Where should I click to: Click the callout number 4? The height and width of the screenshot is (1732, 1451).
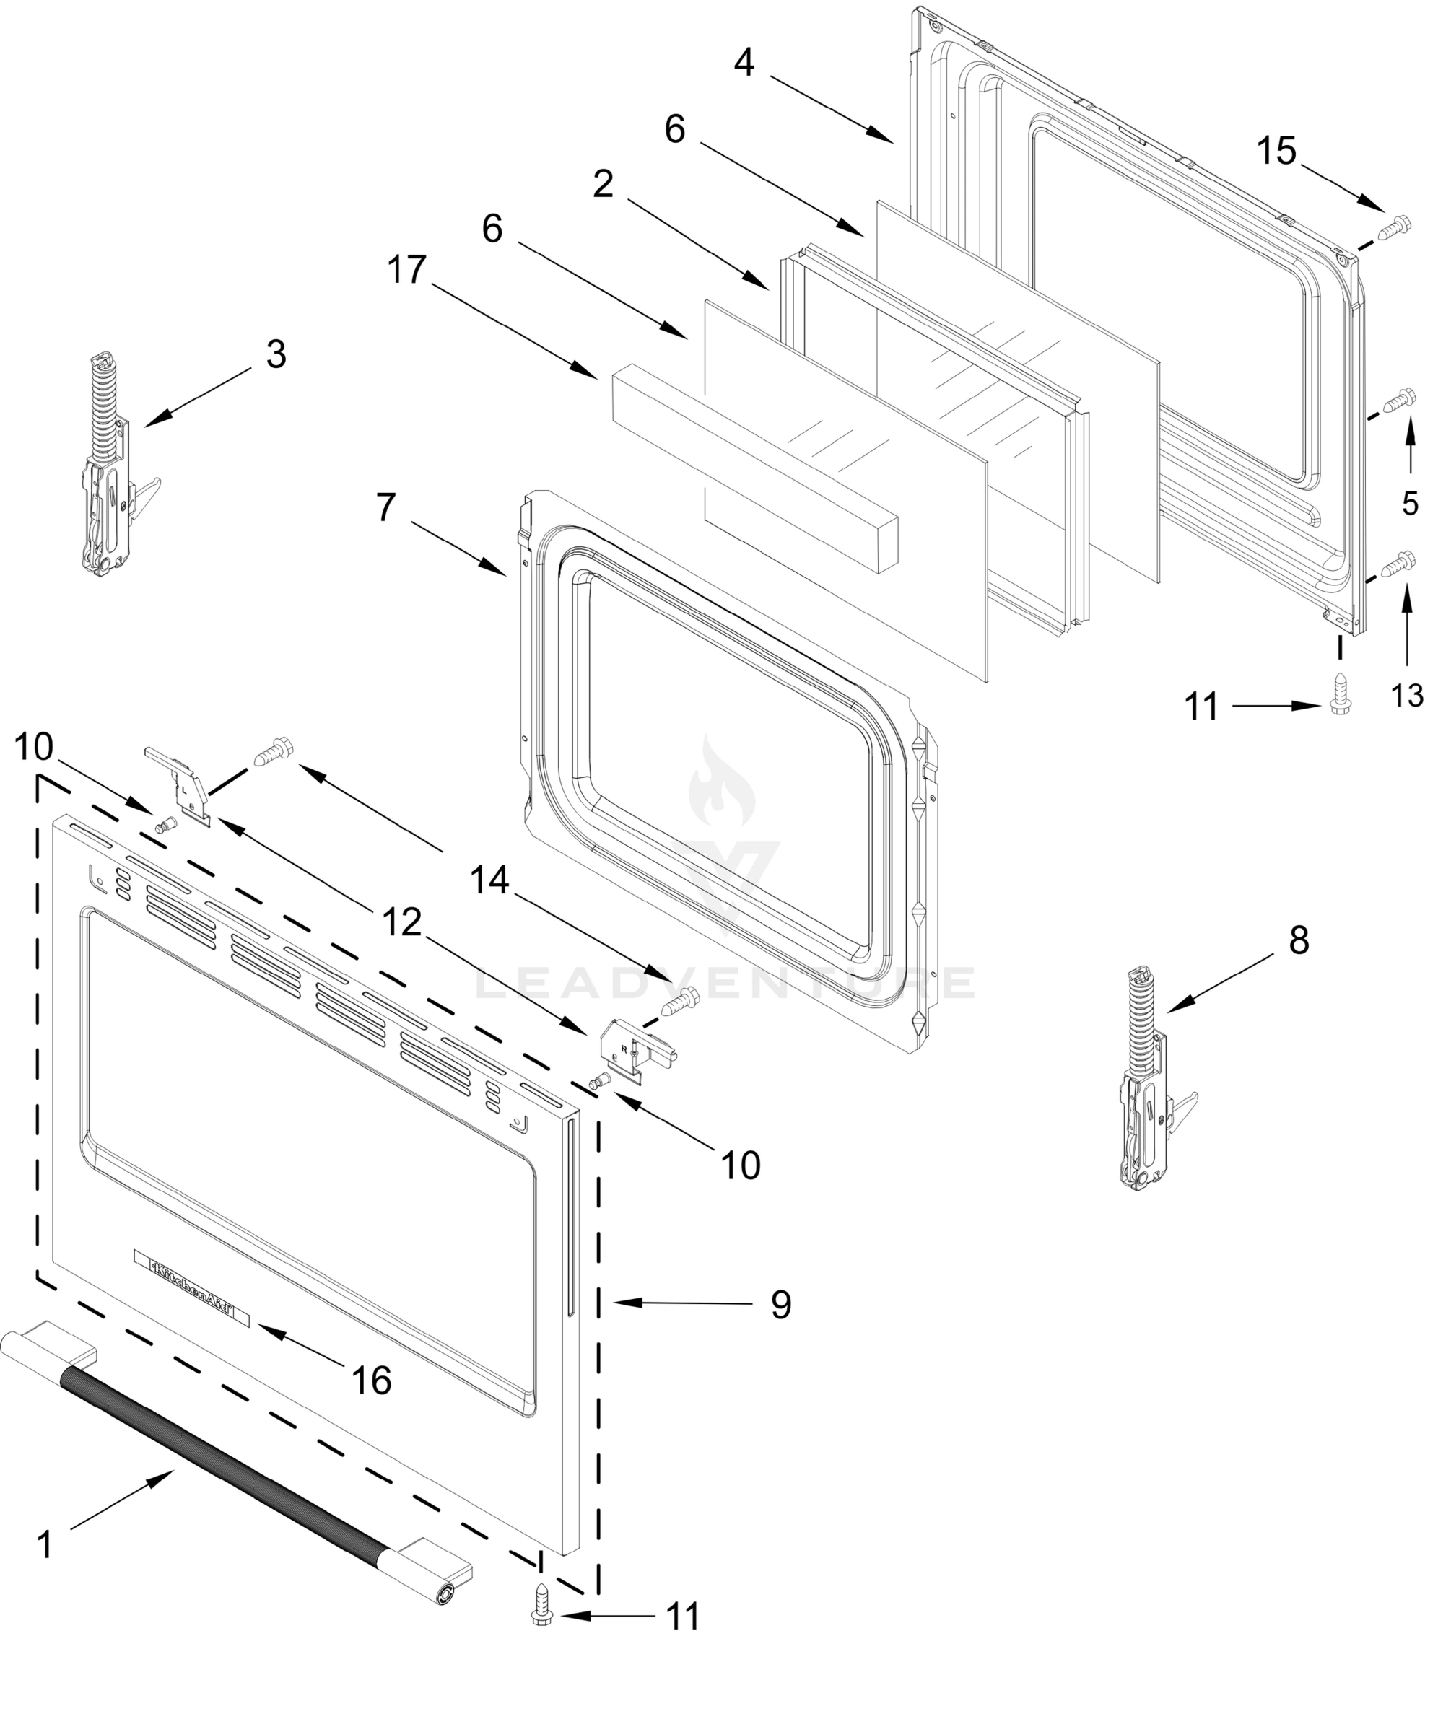[x=744, y=63]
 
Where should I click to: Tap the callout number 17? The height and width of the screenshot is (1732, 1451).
[x=407, y=271]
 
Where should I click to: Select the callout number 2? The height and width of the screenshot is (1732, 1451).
[x=603, y=185]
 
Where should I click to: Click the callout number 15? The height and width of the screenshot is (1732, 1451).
[x=1277, y=152]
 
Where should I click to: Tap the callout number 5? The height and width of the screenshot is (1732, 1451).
[x=1411, y=503]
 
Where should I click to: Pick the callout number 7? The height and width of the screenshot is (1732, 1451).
[x=385, y=508]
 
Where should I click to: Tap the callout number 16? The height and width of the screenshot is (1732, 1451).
[x=371, y=1380]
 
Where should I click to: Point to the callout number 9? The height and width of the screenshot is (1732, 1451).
[x=781, y=1305]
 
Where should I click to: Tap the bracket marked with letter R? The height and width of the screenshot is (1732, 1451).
[x=637, y=1051]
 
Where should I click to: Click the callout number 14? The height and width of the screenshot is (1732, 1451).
[x=490, y=881]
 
